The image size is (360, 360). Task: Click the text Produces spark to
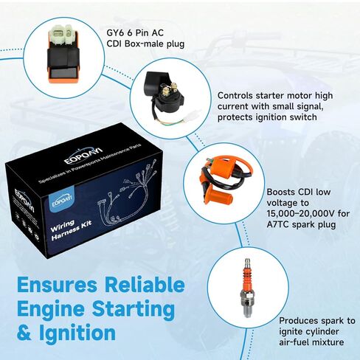[x=316, y=321]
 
